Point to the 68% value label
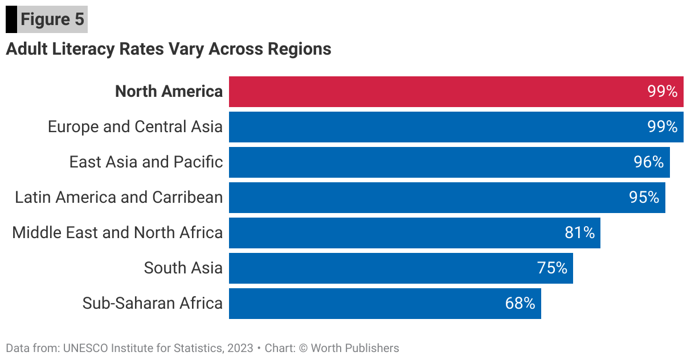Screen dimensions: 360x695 click(x=520, y=304)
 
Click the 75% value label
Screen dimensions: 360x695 click(x=552, y=268)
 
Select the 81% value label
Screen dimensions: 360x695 click(x=579, y=233)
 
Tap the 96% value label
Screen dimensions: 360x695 click(x=649, y=162)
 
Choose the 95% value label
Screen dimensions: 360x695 click(x=644, y=198)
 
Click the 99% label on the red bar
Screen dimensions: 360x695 click(x=663, y=92)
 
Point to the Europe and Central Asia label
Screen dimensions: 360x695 click(x=135, y=126)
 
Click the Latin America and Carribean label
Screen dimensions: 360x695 click(x=118, y=198)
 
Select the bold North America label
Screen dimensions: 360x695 click(x=169, y=92)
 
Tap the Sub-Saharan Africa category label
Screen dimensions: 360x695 click(x=152, y=303)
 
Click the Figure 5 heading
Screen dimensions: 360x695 click(x=52, y=19)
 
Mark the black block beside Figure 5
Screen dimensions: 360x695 click(x=11, y=20)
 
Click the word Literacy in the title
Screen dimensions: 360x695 click(x=83, y=49)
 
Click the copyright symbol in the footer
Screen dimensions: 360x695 click(x=303, y=348)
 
